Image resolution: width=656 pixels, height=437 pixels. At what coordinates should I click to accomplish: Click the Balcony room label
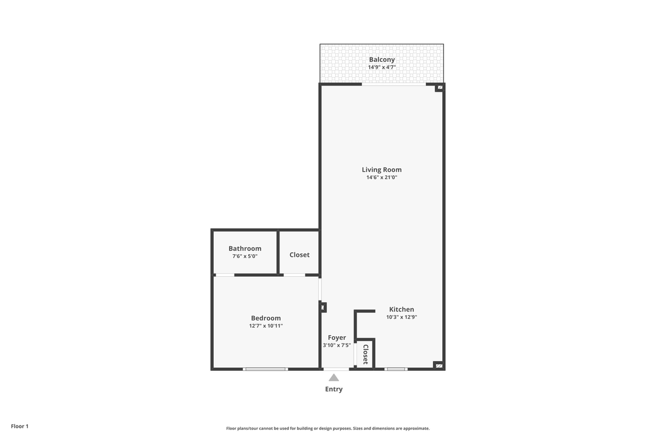[x=381, y=59]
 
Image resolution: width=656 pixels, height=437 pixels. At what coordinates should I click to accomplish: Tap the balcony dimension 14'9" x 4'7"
[x=381, y=67]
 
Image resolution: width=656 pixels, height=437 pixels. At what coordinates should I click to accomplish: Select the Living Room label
[x=381, y=170]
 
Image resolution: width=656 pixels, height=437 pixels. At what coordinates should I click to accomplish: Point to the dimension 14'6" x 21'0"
[x=381, y=178]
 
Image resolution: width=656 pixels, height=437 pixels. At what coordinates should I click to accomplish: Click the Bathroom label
[x=245, y=248]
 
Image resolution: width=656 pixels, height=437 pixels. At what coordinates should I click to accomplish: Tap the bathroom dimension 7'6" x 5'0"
[x=245, y=256]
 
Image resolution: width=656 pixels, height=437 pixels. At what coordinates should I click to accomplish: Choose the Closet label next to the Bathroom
[x=299, y=255]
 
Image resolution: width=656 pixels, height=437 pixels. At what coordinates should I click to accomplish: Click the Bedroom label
[x=266, y=318]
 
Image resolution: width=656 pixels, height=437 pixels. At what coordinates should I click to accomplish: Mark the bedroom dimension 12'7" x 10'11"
[x=266, y=326]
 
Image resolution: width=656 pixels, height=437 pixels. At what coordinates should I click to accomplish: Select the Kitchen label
[x=401, y=310]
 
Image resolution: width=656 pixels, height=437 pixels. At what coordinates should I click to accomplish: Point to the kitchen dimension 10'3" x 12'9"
[x=401, y=317]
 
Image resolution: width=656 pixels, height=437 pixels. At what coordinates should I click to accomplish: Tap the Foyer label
[x=337, y=337]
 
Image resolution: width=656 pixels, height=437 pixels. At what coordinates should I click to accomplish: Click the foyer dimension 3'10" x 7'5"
[x=337, y=345]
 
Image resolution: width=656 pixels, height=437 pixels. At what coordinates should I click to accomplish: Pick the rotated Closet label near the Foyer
[x=365, y=354]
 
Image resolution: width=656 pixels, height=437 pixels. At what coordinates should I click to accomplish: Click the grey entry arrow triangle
[x=333, y=378]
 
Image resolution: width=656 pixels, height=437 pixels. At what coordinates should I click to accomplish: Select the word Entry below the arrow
[x=333, y=389]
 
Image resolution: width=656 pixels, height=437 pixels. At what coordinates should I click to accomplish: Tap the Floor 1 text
[x=19, y=426]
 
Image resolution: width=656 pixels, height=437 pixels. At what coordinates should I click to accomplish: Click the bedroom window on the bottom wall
[x=265, y=369]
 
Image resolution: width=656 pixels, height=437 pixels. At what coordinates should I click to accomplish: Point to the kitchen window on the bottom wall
[x=396, y=369]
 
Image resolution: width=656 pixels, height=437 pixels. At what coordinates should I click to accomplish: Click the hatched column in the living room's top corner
[x=439, y=88]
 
